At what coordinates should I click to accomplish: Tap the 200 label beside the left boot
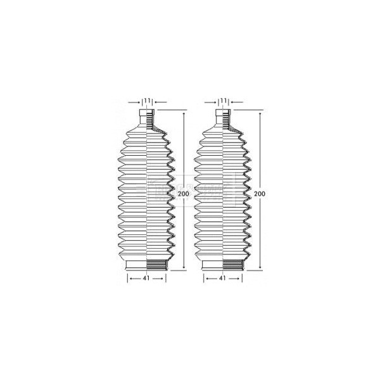point(184,193)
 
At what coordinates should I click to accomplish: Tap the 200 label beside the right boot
point(260,193)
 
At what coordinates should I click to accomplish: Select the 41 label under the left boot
point(147,277)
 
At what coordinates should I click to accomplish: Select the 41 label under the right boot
point(223,277)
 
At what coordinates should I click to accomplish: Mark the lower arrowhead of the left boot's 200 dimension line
point(184,269)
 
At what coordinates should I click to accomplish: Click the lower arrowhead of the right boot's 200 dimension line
point(260,269)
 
